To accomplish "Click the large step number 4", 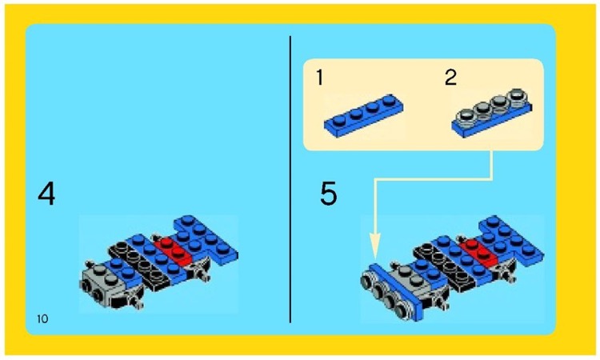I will click(x=47, y=194).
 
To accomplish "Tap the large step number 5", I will click(x=328, y=194).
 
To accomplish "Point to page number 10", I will click(x=42, y=319).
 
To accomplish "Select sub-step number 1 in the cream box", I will click(x=319, y=78).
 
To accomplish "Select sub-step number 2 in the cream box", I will click(x=450, y=78).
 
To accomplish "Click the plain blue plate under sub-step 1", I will click(x=363, y=114).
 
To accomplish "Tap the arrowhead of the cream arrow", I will click(x=375, y=245).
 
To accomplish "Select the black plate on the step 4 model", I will click(x=136, y=260).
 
